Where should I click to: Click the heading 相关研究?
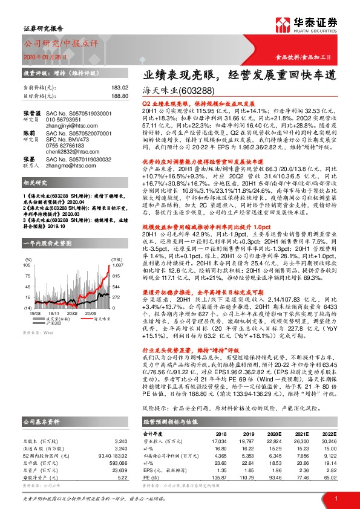[x=36, y=199]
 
